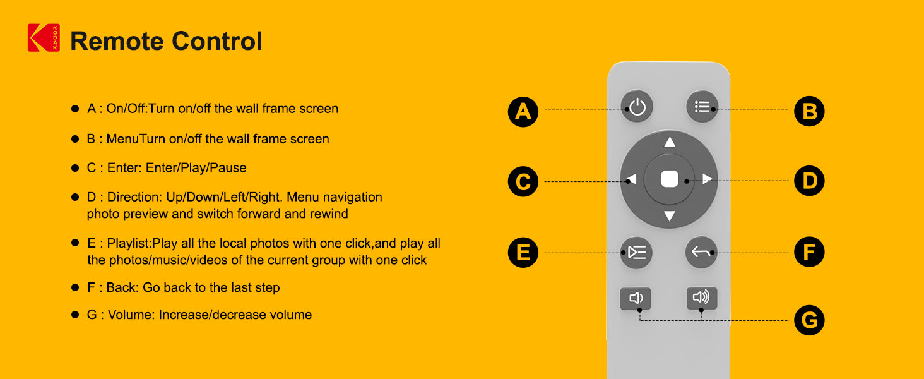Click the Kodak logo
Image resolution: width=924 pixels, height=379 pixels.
(x=44, y=38)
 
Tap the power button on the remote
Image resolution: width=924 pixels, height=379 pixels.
(x=637, y=107)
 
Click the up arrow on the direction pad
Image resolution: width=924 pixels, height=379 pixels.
(x=670, y=142)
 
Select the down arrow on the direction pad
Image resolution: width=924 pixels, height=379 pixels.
(x=670, y=217)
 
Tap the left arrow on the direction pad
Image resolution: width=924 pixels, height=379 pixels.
(x=631, y=180)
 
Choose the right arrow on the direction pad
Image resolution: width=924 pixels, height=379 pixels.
(x=708, y=179)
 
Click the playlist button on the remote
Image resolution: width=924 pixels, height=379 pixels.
(x=637, y=253)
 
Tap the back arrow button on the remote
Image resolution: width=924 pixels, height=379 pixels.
(x=701, y=253)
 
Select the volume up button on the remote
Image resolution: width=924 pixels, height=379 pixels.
(x=701, y=298)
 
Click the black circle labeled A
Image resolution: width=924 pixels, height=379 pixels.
(x=523, y=112)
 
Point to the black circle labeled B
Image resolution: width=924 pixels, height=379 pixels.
(x=809, y=112)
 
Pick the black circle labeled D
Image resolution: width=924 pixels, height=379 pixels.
(x=809, y=182)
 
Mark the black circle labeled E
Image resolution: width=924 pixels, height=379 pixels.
(x=523, y=253)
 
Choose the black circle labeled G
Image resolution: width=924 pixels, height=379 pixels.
(x=809, y=321)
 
